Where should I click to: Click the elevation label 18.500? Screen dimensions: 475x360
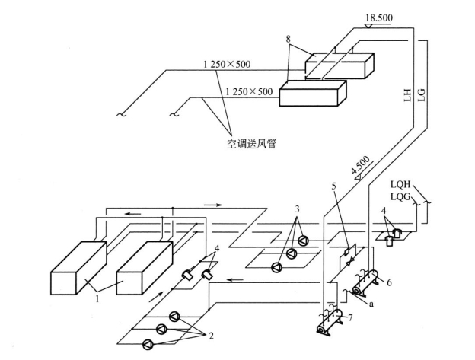[x=378, y=18]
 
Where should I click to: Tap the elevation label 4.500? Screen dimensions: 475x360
[x=361, y=165]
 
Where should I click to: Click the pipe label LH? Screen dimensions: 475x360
[x=408, y=95]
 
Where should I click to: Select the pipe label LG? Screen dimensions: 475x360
[x=422, y=95]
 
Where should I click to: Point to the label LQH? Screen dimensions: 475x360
[x=400, y=184]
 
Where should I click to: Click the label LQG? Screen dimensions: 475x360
[x=400, y=197]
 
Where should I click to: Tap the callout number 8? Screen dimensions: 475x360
[x=288, y=39]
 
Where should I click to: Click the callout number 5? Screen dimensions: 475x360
[x=334, y=186]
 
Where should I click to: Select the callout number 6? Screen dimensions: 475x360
[x=389, y=282]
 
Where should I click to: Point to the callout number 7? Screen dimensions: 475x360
[x=350, y=318]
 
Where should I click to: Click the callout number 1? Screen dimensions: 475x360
[x=97, y=299]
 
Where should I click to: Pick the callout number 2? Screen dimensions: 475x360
[x=211, y=336]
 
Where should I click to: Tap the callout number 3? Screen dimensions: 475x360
[x=297, y=209]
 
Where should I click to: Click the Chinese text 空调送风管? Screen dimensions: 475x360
[x=252, y=143]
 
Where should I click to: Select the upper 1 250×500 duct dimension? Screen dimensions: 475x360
[x=227, y=64]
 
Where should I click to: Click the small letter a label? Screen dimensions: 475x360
[x=371, y=304]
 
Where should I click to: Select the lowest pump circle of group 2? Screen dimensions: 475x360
[x=148, y=345]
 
